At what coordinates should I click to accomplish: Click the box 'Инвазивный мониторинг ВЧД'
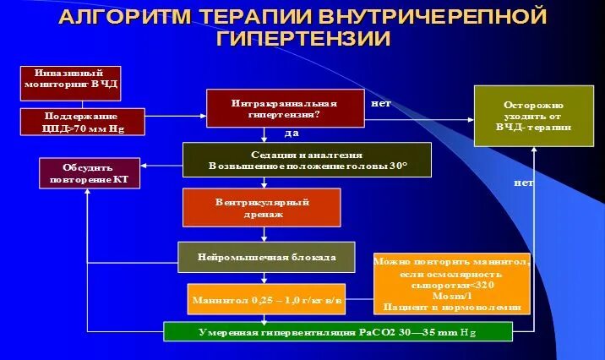coord(70,83)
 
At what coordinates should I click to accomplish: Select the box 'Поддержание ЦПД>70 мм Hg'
coord(82,123)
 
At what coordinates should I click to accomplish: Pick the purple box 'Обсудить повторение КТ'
coord(87,173)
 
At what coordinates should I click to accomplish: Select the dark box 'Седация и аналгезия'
coord(307,161)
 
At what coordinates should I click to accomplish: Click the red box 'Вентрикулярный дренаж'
coord(261,207)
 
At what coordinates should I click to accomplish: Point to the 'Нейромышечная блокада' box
coord(265,257)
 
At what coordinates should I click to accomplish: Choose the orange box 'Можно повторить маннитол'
coord(452,284)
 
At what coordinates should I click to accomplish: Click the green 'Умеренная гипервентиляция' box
coord(337,331)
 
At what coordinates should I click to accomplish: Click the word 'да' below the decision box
coord(292,134)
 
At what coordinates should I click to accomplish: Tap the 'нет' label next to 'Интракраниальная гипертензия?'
coord(381,103)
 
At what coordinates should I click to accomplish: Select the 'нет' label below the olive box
coord(524,183)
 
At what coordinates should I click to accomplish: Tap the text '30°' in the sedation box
coord(395,166)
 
